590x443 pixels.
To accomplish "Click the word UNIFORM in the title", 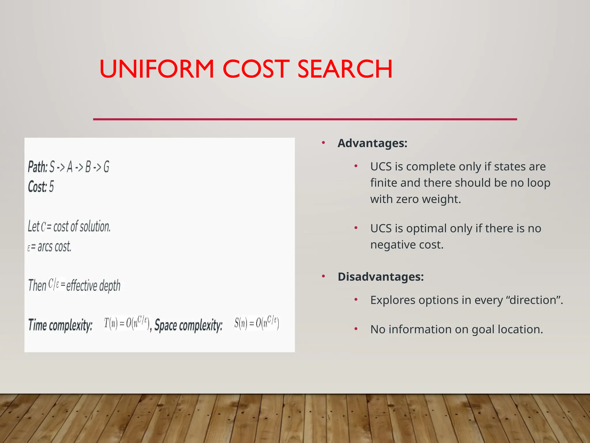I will (157, 69).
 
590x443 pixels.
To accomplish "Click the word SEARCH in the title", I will (345, 69).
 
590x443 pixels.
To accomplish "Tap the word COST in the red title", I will (256, 69).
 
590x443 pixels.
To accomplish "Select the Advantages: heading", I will (372, 143).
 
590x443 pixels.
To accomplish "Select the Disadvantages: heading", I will (381, 277).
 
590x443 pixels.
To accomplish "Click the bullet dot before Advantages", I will (324, 142).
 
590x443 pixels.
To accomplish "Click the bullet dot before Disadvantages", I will (324, 276).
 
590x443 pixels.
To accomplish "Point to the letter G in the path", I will (106, 167).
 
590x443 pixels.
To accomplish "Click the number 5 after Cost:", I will (51, 187).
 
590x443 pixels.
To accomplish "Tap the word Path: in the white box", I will (37, 167).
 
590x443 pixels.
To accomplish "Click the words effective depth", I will (93, 286).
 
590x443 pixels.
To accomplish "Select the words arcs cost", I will (54, 247).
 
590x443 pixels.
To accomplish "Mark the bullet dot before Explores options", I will (356, 300).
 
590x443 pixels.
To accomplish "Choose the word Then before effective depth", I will (37, 286).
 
